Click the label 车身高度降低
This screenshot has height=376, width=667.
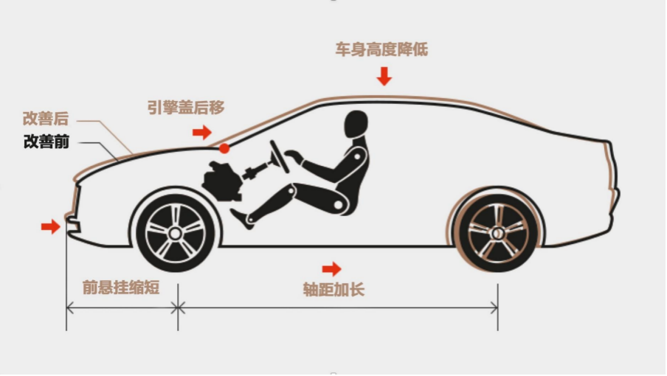tap(381, 49)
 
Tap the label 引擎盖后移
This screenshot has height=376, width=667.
tap(186, 107)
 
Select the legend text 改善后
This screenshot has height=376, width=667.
tap(46, 119)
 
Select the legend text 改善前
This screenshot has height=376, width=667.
tap(46, 142)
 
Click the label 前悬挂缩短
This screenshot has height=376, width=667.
tap(121, 288)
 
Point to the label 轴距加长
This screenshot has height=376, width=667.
tap(334, 289)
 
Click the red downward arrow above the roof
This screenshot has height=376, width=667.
tap(384, 76)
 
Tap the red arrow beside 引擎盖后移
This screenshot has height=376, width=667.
tap(202, 132)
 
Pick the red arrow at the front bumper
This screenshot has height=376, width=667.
tap(51, 226)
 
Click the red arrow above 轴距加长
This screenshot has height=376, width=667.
tap(331, 268)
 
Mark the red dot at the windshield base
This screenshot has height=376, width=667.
tap(224, 148)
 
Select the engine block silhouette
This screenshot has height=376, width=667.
tap(221, 181)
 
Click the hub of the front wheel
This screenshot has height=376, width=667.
tap(176, 233)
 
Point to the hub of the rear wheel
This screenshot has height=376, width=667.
tap(498, 233)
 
